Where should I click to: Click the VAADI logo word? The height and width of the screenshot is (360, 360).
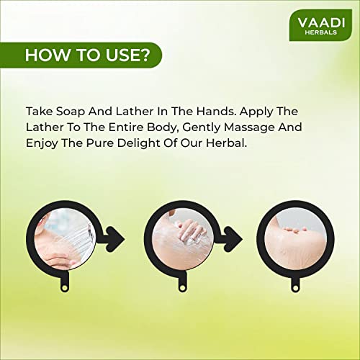(x=321, y=23)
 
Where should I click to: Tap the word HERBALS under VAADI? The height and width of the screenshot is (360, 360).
(x=321, y=32)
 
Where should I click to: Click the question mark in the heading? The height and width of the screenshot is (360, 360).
(x=145, y=55)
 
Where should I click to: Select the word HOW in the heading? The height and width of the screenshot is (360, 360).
(x=47, y=55)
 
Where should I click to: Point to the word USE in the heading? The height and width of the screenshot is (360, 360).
(x=122, y=55)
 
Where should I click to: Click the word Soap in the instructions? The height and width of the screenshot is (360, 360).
(x=71, y=112)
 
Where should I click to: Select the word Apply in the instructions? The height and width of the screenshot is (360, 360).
(x=256, y=112)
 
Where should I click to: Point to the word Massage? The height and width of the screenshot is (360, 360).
(x=249, y=127)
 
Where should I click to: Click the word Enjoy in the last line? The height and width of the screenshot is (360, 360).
(x=42, y=143)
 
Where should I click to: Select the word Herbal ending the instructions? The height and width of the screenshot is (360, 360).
(x=226, y=143)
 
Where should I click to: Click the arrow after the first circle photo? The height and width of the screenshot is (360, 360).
(x=114, y=239)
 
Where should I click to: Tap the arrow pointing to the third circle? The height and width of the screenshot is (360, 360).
(x=233, y=239)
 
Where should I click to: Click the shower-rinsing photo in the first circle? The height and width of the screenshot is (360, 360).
(x=65, y=239)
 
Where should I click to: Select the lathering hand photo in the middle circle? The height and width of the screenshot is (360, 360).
(x=183, y=239)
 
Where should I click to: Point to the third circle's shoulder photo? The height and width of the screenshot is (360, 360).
(x=296, y=239)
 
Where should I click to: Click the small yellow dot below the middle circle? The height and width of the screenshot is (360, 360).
(x=182, y=287)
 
